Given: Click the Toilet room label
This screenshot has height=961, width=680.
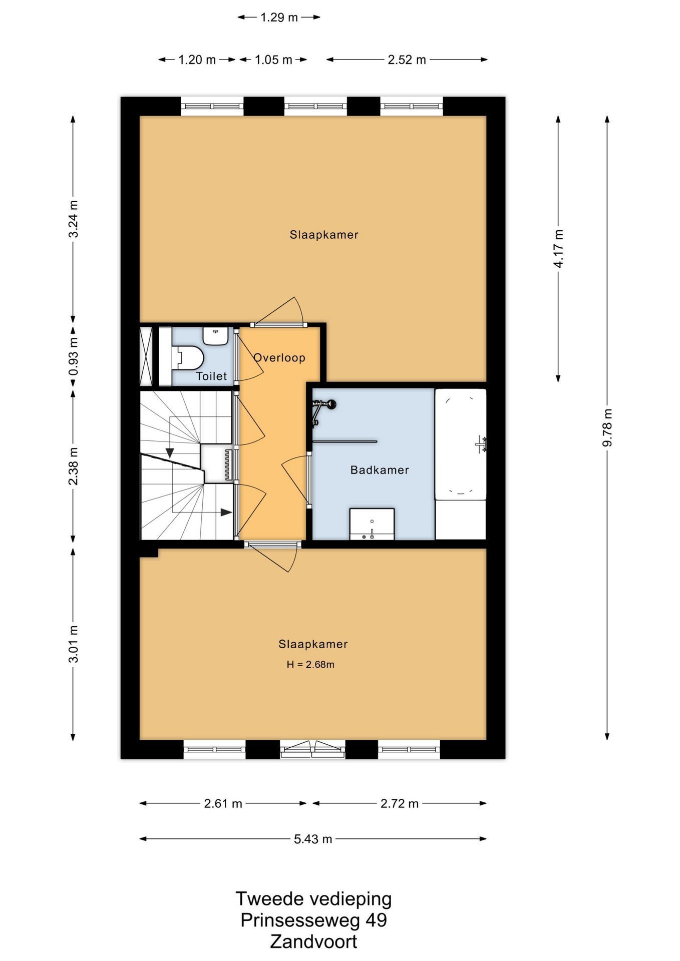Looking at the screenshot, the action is [x=211, y=376].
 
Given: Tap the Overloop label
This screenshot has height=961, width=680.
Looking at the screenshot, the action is [x=279, y=357].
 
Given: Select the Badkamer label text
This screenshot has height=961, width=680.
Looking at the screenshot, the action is [x=380, y=469].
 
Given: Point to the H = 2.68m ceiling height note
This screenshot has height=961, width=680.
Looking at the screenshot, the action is [x=310, y=664].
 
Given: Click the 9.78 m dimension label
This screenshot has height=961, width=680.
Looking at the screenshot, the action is [x=607, y=427].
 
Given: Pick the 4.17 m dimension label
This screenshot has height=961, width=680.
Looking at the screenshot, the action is [x=558, y=248].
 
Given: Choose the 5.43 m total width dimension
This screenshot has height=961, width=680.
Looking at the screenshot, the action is [x=313, y=838].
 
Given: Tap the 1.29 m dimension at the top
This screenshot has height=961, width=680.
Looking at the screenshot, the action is [x=279, y=18].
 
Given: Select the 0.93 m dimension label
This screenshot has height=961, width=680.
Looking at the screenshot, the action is [x=73, y=356].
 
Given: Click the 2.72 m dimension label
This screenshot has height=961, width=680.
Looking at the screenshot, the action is [x=400, y=803].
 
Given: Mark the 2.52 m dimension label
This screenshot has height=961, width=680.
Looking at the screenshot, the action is [x=407, y=60].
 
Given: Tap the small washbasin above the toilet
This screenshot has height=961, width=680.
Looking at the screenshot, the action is [x=216, y=336].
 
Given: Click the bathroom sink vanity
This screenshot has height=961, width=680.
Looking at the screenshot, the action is [x=372, y=524].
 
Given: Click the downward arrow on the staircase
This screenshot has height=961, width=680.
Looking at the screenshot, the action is [x=170, y=453].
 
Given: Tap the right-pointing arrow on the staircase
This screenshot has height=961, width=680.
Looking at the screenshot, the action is [x=226, y=512].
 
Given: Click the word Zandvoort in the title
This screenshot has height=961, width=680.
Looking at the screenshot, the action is [x=313, y=941].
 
